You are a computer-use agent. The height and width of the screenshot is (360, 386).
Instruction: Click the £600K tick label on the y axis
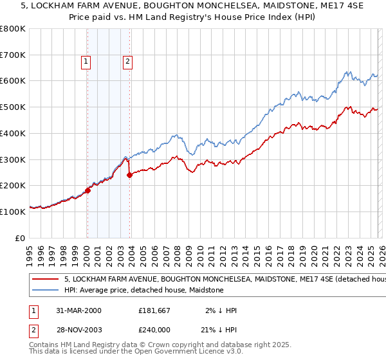[x=13, y=81]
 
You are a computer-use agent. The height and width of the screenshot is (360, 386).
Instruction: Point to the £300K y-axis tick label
[x=13, y=159]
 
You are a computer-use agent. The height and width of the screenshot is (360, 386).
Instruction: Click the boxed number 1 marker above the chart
[x=86, y=62]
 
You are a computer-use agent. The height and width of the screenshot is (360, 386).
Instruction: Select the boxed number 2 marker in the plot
[x=127, y=62]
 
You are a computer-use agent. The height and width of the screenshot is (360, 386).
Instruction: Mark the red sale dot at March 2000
[x=88, y=190]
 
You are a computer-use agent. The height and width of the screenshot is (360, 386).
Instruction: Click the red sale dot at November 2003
[x=130, y=175]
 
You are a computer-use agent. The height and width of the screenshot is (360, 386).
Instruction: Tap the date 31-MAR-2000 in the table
[x=80, y=310]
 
